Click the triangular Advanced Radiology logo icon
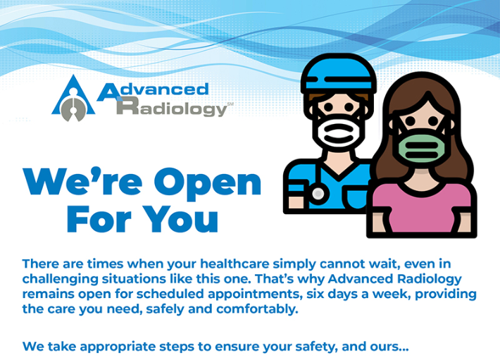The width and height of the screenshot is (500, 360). point(73,99)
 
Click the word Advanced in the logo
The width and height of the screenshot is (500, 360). point(153,91)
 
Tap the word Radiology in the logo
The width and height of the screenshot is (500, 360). point(172,108)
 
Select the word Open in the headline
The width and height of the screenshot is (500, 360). point(208,182)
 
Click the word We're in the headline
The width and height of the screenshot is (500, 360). point(82,181)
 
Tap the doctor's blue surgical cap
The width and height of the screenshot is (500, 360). point(338,74)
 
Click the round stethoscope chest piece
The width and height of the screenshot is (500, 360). point(318,194)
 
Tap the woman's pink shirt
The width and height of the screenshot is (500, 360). point(421,207)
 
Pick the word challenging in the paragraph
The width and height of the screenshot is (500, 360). point(61,279)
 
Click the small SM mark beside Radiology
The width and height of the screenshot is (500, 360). point(230,104)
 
